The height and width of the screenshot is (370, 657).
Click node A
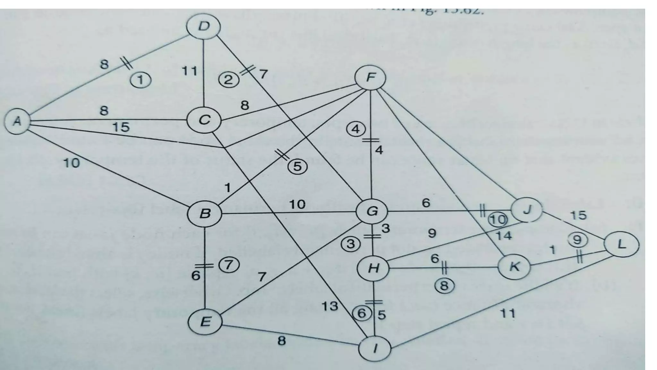pos(17,122)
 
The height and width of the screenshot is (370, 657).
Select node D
pos(204,27)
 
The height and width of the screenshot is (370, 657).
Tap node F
pos(370,78)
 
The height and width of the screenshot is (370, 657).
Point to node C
pos(204,120)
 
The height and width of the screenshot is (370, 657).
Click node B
pos(205,213)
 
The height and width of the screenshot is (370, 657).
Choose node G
pos(372,211)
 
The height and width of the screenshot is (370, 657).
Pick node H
pos(373,268)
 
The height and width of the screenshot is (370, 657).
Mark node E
pos(205,322)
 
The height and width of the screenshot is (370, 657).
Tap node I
pos(374,349)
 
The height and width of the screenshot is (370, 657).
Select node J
pos(527,210)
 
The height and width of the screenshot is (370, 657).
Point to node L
pos(621,245)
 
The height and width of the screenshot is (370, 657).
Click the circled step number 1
pos(141,80)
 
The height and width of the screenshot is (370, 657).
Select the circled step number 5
pos(297,167)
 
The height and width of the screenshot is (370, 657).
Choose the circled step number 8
pos(444,285)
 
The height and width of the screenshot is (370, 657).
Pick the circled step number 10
pos(498,220)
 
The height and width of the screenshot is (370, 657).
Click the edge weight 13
pos(330,306)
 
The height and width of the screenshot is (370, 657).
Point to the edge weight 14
pos(504,236)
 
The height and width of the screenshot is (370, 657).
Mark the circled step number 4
pos(355,129)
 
